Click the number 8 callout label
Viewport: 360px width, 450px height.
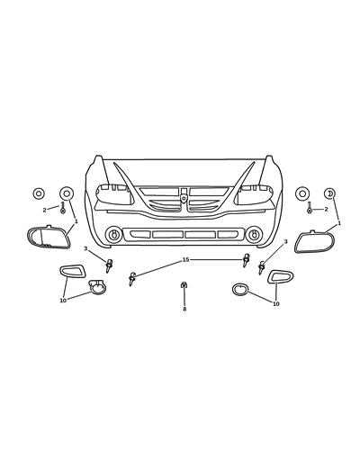pyautogui.click(x=184, y=309)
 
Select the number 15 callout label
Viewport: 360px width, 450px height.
pyautogui.click(x=186, y=260)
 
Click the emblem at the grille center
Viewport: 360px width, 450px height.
pyautogui.click(x=184, y=194)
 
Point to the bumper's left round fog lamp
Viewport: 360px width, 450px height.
pyautogui.click(x=113, y=236)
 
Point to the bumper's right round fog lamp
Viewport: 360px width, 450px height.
pyautogui.click(x=255, y=236)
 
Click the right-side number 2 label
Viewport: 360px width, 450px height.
pyautogui.click(x=326, y=210)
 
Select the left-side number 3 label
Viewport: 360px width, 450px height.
pyautogui.click(x=85, y=248)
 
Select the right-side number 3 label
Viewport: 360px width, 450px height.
pyautogui.click(x=286, y=242)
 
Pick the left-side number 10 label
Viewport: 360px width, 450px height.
pyautogui.click(x=63, y=301)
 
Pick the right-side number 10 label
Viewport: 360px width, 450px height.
pyautogui.click(x=275, y=304)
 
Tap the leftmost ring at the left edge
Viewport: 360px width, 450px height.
pyautogui.click(x=39, y=193)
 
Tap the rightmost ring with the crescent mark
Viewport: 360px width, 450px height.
pyautogui.click(x=329, y=193)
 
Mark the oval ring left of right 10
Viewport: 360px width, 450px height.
pyautogui.click(x=241, y=290)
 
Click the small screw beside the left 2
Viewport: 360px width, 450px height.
pyautogui.click(x=62, y=210)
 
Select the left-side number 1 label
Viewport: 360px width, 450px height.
pyautogui.click(x=76, y=221)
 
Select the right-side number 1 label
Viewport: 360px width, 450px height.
pyautogui.click(x=339, y=223)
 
